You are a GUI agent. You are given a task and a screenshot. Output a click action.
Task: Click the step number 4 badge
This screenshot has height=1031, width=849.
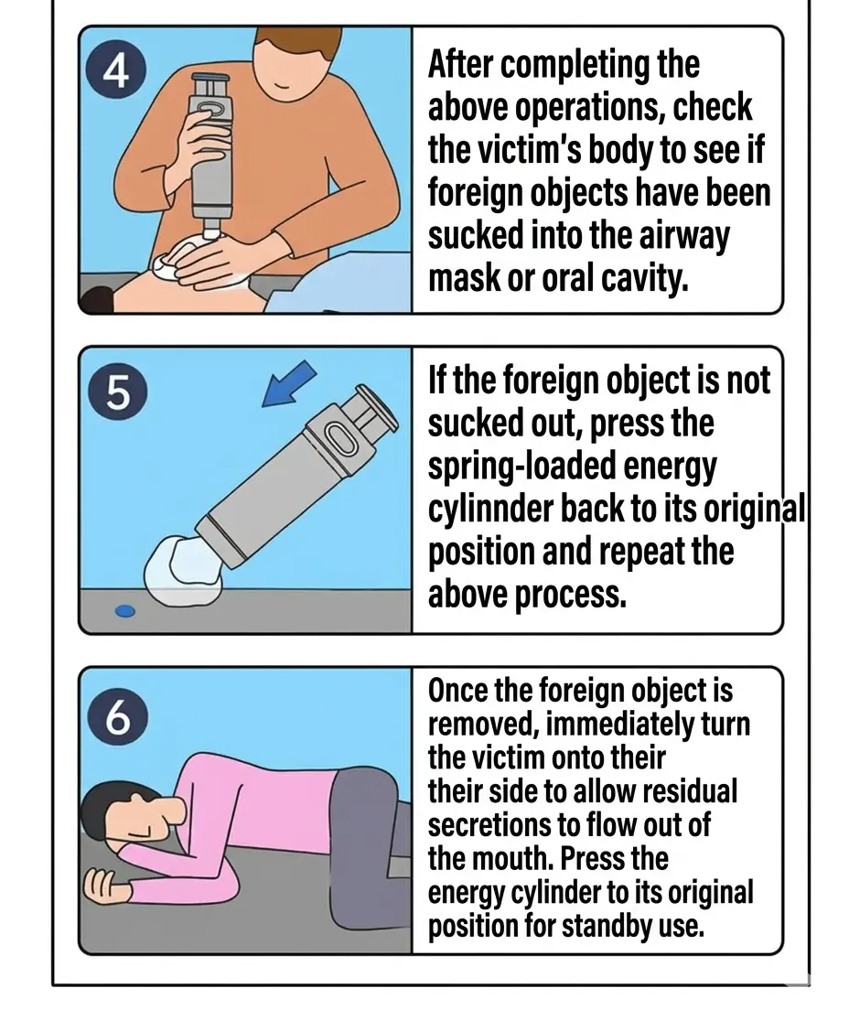coord(116,72)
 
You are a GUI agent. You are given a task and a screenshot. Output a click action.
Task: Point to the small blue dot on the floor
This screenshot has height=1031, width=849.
coord(125,611)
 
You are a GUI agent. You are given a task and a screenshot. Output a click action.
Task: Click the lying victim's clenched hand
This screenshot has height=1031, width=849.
coord(104,886)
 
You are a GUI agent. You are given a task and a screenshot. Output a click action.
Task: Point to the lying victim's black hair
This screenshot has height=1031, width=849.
coord(105,808)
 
